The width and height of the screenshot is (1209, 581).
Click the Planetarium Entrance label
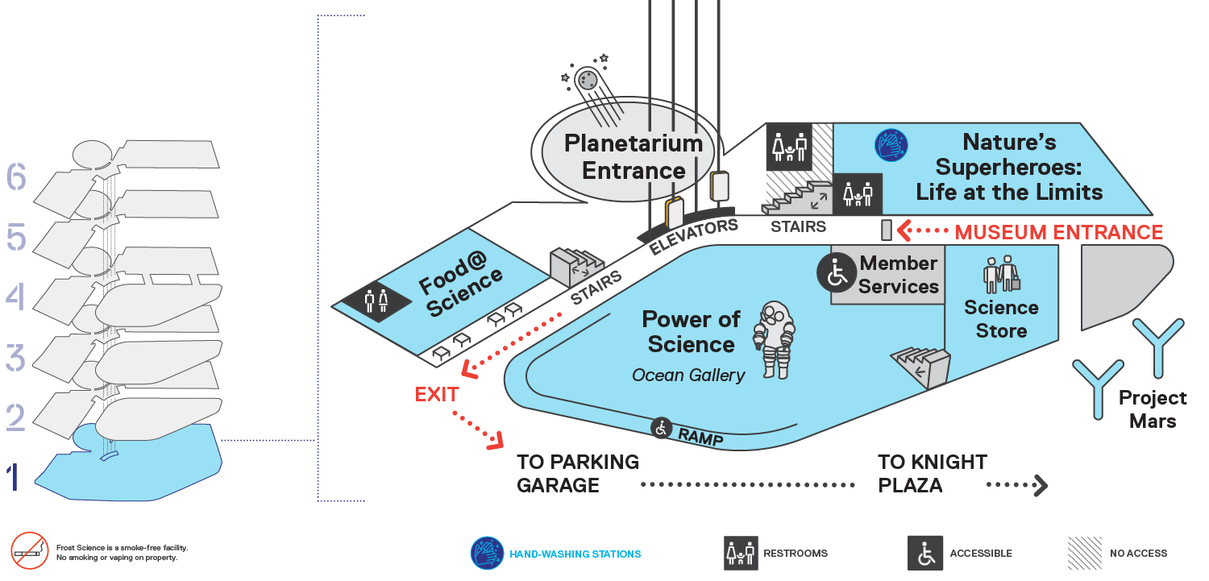634,157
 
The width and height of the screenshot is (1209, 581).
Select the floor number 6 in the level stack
16,176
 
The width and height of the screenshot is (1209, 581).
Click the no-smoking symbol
30,551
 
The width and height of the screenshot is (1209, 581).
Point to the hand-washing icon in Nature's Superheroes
891,145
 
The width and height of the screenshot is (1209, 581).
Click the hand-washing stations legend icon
488,553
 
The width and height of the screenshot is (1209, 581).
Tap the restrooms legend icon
741,553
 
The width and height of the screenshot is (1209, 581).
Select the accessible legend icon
925,553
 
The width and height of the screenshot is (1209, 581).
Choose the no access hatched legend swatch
1085,553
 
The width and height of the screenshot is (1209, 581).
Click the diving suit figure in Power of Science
775,340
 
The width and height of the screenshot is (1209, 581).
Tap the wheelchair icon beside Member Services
837,273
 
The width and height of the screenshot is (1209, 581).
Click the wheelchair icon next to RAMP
661,429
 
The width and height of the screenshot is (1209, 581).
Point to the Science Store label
1001,319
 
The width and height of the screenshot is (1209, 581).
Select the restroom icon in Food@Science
376,301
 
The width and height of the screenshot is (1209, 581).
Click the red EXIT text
437,394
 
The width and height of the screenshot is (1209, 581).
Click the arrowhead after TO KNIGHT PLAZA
1041,485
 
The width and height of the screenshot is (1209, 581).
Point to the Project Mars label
1153,409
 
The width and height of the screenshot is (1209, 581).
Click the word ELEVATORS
693,236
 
